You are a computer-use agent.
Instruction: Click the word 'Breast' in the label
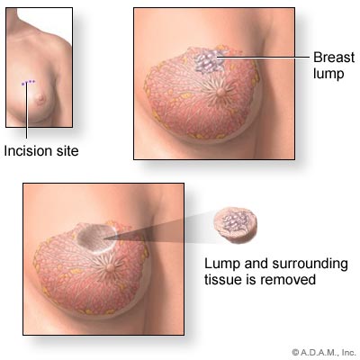(334, 57)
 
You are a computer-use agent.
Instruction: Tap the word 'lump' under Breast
(328, 74)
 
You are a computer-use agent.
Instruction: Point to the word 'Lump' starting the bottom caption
(222, 265)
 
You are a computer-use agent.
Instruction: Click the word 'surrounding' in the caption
(310, 265)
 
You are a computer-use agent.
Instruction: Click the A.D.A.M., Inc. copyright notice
(324, 352)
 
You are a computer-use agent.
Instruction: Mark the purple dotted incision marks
(29, 82)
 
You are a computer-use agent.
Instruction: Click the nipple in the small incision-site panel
(40, 98)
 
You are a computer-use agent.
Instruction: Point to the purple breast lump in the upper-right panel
(209, 61)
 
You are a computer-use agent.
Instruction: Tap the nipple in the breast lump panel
(221, 91)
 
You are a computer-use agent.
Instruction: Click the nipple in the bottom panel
(111, 267)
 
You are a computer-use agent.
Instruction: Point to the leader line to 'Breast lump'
(263, 57)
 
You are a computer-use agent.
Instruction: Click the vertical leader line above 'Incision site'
(26, 111)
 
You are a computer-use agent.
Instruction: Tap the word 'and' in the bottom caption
(256, 265)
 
